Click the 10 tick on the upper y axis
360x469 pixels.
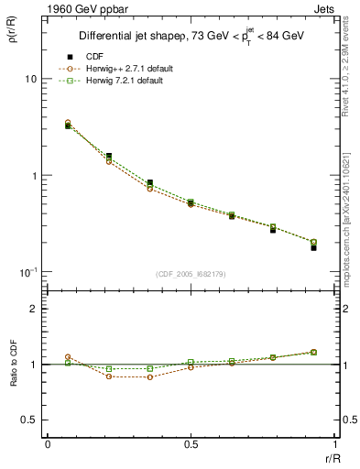30,79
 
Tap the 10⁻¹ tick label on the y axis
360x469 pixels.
27,272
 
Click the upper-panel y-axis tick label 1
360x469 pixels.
34,176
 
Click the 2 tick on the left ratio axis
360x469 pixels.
33,309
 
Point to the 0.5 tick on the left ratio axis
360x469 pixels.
28,420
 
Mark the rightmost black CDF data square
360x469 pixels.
313,248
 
